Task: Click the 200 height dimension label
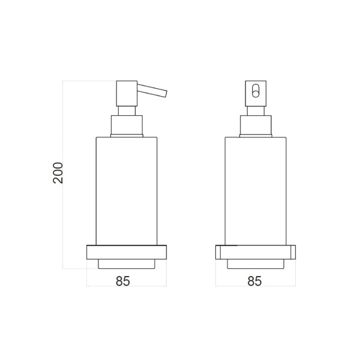[x=58, y=173]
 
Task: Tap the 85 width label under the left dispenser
[x=123, y=281]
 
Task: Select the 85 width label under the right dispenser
[x=254, y=281]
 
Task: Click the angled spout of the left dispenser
[x=152, y=91]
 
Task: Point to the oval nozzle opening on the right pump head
[x=256, y=91]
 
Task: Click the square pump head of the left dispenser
[x=127, y=94]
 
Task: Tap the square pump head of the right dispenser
[x=256, y=94]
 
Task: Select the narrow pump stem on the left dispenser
[x=127, y=111]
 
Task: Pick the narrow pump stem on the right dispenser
[x=256, y=111]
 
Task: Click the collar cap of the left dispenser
[x=127, y=125]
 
